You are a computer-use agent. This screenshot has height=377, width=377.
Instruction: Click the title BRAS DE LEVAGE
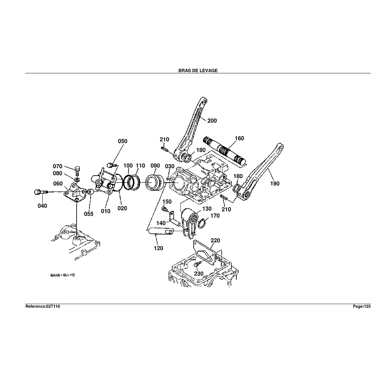(198, 70)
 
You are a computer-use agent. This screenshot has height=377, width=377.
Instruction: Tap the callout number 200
(212, 120)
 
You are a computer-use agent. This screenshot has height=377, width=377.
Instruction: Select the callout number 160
(239, 138)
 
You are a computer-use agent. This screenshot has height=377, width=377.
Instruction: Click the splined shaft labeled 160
(225, 151)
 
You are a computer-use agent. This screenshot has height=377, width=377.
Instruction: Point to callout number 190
(275, 183)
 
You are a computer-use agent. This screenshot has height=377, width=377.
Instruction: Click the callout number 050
(123, 141)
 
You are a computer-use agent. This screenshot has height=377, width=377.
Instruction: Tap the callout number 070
(58, 166)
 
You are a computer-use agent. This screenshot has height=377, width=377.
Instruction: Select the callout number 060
(58, 183)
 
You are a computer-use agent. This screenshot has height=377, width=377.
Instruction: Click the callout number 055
(88, 214)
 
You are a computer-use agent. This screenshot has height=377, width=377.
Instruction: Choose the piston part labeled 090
(154, 183)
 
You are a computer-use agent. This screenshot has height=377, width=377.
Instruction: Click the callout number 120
(159, 248)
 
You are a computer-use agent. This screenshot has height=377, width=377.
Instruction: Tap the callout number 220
(215, 240)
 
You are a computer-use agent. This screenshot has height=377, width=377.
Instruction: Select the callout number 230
(199, 274)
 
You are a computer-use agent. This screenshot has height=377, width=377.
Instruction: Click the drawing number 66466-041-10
(63, 275)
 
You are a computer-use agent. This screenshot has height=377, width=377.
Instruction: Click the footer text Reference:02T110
(42, 306)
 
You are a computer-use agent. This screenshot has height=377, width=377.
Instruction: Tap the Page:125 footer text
(362, 306)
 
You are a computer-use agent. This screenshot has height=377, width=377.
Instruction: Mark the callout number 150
(167, 201)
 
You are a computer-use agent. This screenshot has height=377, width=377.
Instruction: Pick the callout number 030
(169, 166)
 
